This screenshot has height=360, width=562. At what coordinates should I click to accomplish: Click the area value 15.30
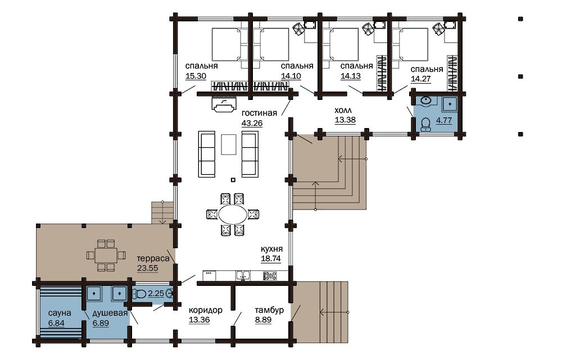196,76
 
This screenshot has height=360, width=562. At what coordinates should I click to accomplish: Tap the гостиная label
259,113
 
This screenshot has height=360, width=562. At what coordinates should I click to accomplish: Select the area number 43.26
252,123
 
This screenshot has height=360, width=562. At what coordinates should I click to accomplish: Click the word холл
343,110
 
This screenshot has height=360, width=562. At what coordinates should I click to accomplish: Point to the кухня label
271,249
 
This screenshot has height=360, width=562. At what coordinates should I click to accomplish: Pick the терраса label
153,258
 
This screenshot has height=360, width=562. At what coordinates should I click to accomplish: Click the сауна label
60,313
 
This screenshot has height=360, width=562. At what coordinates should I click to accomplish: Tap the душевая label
110,313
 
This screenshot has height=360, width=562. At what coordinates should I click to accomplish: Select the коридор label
205,310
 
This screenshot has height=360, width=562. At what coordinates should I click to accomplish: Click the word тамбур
269,310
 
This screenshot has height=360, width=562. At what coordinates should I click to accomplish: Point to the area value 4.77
444,120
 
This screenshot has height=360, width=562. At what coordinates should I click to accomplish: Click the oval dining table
233,215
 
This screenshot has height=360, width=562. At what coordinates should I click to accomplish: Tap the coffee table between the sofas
228,144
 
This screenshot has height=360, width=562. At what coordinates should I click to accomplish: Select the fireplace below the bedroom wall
225,104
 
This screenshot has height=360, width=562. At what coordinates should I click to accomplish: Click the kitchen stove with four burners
270,276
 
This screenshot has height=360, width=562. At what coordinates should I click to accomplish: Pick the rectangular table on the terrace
106,256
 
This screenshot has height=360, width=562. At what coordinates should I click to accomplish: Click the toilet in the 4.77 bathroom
426,124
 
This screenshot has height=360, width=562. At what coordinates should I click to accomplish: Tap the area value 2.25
156,293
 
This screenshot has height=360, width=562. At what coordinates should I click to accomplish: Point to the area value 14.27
421,79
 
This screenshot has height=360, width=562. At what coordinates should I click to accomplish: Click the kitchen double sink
243,275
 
